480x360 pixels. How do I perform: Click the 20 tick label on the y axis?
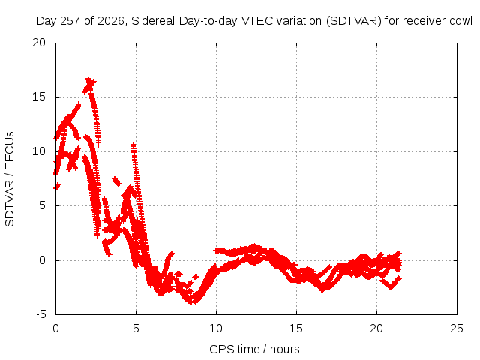[x=39, y=43]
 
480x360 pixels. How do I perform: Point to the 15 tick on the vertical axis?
[x=39, y=97]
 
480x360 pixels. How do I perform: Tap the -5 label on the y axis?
[x=40, y=314]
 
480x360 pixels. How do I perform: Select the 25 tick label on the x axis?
[x=457, y=328]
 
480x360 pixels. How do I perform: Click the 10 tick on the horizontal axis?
[x=216, y=328]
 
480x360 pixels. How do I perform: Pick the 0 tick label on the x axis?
[x=55, y=328]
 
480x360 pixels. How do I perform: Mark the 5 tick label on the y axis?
[x=42, y=205]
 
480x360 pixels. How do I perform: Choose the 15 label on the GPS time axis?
[x=296, y=328]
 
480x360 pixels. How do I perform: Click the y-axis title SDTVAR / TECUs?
[x=10, y=179]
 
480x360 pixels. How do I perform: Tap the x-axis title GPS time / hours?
[x=254, y=349]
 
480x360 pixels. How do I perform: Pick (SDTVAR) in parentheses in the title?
[x=353, y=21]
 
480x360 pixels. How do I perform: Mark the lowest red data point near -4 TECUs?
[x=192, y=303]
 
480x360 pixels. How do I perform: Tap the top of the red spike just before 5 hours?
[x=133, y=144]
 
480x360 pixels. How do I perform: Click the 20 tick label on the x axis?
[x=376, y=328]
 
